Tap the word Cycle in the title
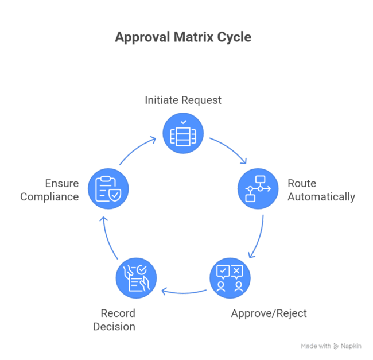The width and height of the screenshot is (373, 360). click(x=232, y=38)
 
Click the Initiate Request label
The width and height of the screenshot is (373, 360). click(x=183, y=100)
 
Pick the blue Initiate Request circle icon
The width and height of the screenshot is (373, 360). click(x=183, y=133)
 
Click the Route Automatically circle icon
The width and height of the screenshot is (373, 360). click(x=258, y=188)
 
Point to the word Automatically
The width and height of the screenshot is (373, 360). click(x=321, y=197)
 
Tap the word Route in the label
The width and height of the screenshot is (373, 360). click(x=302, y=184)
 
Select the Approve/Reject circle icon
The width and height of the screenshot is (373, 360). click(x=230, y=278)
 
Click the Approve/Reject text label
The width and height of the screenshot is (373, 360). click(x=269, y=313)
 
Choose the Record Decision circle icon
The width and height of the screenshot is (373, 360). click(x=136, y=278)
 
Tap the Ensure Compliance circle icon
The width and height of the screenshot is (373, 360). click(x=108, y=188)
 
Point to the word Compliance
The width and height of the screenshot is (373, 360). click(x=49, y=197)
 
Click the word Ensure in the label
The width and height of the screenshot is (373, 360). click(x=62, y=184)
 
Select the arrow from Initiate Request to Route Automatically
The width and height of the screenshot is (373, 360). click(x=230, y=150)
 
